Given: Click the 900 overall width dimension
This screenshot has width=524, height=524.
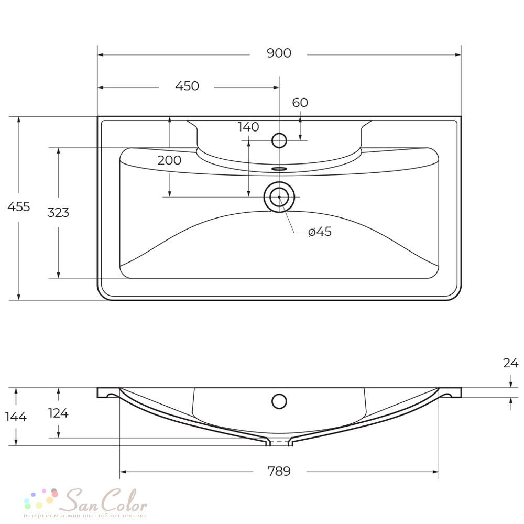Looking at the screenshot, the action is pyautogui.click(x=279, y=53).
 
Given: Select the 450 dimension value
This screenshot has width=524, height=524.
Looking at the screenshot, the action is pyautogui.click(x=187, y=86).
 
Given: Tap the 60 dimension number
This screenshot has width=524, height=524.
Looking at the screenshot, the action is pyautogui.click(x=300, y=103).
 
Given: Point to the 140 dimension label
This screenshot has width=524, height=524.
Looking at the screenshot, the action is pyautogui.click(x=248, y=127).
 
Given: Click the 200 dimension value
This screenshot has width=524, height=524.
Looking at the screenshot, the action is pyautogui.click(x=169, y=160).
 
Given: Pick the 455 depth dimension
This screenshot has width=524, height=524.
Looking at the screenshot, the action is pyautogui.click(x=19, y=206).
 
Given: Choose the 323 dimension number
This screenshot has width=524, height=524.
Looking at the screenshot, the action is pyautogui.click(x=58, y=213).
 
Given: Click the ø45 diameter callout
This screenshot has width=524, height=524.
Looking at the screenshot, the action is pyautogui.click(x=320, y=231).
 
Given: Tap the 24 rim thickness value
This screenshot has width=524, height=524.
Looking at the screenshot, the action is pyautogui.click(x=510, y=363).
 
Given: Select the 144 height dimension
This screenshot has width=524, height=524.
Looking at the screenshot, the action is pyautogui.click(x=16, y=417).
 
